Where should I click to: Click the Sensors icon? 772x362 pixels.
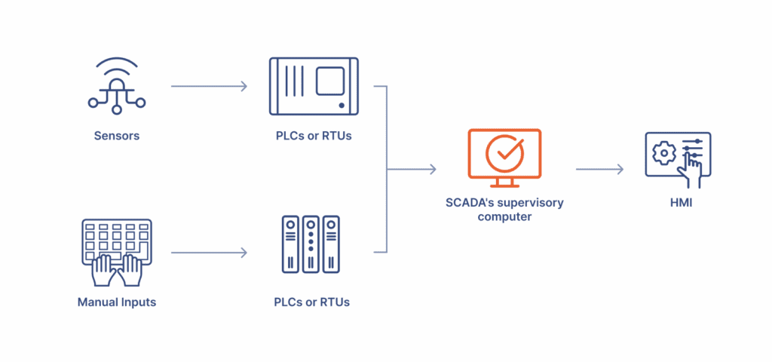(116, 86)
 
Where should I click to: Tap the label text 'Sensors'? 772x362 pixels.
(116, 137)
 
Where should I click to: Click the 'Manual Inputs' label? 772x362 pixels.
(116, 302)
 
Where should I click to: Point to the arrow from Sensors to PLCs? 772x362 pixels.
(209, 86)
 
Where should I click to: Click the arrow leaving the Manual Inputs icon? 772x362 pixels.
(209, 253)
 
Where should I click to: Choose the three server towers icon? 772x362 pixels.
(311, 244)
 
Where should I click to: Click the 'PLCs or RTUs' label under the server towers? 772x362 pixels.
(311, 302)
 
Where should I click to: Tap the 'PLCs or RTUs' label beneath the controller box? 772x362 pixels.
(313, 137)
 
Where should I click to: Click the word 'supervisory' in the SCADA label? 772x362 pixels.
(531, 202)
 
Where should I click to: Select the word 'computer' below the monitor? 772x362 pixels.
(504, 216)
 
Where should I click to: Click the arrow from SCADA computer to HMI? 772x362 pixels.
(599, 169)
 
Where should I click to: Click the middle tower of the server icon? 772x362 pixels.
(311, 244)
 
